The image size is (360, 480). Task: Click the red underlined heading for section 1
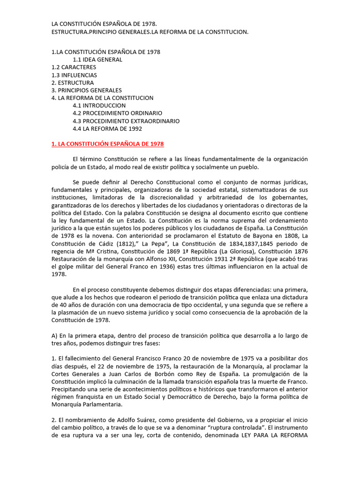tap(107, 144)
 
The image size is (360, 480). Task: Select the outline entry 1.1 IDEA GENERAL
tap(97, 60)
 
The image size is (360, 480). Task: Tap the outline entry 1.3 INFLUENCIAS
tap(74, 75)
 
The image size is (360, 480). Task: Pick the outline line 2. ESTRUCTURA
tap(73, 82)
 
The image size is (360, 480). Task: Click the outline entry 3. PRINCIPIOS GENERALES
tap(86, 90)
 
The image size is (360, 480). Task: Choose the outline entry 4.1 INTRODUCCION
tap(99, 105)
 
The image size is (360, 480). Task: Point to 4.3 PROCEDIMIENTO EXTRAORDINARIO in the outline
tap(126, 121)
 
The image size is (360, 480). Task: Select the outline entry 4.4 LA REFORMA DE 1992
tap(107, 128)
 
